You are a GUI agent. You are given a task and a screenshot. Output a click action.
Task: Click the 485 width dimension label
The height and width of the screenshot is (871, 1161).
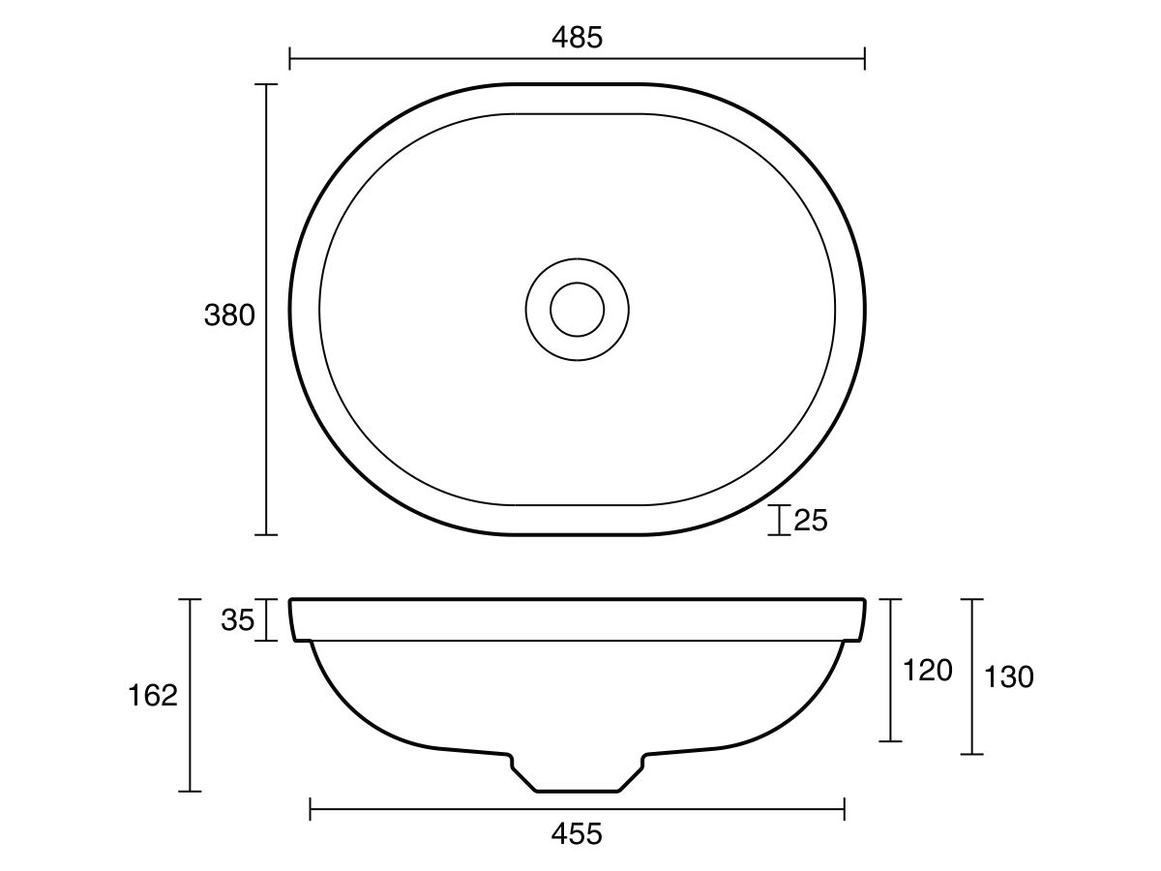pyautogui.click(x=577, y=37)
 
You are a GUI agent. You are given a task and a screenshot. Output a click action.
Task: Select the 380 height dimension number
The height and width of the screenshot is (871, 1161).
pyautogui.click(x=229, y=315)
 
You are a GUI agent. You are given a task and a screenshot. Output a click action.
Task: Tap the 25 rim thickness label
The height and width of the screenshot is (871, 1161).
pyautogui.click(x=811, y=521)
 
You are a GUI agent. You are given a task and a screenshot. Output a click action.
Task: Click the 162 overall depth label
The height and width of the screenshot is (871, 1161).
pyautogui.click(x=153, y=695)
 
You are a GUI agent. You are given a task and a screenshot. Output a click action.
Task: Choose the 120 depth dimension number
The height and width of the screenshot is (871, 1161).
pyautogui.click(x=927, y=670)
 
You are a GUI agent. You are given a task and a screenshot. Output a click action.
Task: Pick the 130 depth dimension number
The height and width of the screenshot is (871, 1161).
pyautogui.click(x=1008, y=676)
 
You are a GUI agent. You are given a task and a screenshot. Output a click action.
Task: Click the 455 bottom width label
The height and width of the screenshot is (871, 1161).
pyautogui.click(x=577, y=833)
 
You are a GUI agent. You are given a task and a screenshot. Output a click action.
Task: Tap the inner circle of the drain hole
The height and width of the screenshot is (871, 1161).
pyautogui.click(x=577, y=310)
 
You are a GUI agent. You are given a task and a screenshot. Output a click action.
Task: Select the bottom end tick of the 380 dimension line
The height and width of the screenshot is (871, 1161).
pyautogui.click(x=265, y=534)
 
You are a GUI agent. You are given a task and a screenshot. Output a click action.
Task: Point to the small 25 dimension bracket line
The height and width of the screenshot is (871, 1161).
pyautogui.click(x=779, y=520)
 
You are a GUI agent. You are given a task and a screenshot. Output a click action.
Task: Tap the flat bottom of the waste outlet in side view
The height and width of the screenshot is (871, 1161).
pyautogui.click(x=577, y=791)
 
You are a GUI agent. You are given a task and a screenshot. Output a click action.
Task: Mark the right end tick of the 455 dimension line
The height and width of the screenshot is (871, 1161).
pyautogui.click(x=845, y=809)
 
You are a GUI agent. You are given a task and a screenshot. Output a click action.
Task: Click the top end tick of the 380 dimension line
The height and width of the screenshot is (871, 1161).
pyautogui.click(x=265, y=85)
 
